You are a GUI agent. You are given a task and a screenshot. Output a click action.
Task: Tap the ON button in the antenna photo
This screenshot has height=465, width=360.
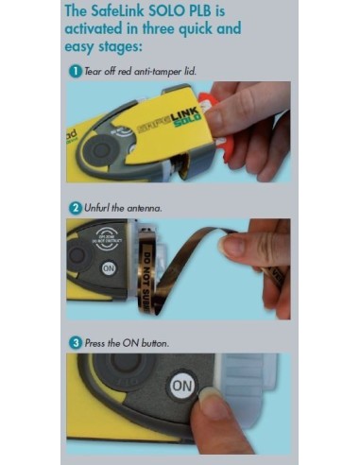point(109,268)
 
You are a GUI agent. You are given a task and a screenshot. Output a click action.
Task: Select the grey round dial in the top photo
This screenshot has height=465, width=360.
point(109,149)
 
